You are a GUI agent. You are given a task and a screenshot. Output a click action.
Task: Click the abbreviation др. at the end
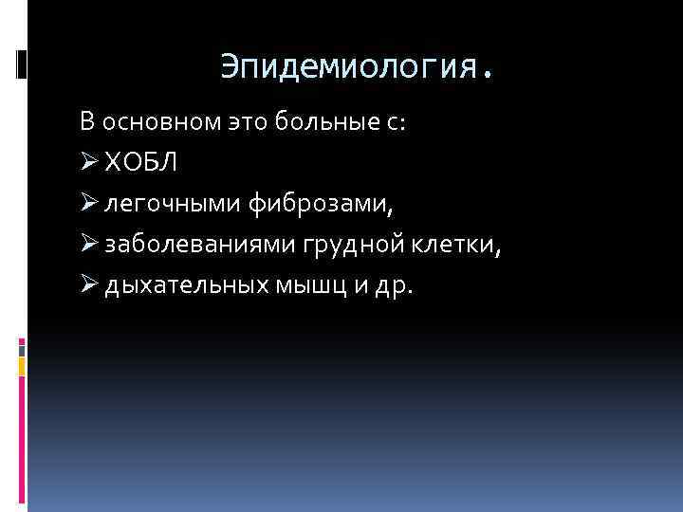click(x=394, y=285)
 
